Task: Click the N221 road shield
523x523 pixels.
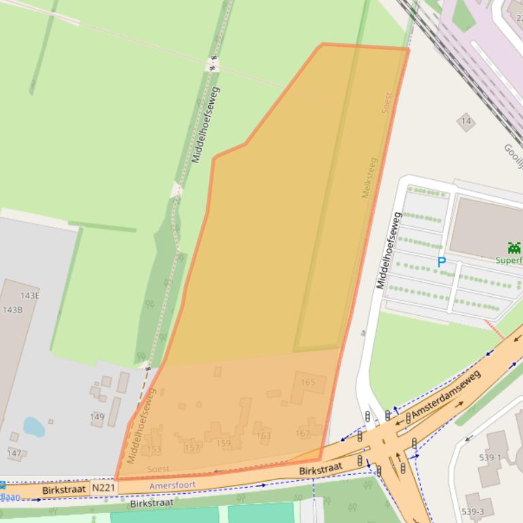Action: pyautogui.click(x=103, y=487)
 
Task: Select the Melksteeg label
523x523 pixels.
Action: pyautogui.click(x=369, y=177)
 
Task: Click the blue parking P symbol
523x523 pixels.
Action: pyautogui.click(x=441, y=261)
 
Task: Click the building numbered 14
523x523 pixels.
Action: pyautogui.click(x=466, y=122)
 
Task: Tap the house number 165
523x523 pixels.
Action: pyautogui.click(x=307, y=382)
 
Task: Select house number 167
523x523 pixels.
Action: pyautogui.click(x=303, y=433)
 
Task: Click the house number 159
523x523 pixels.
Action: pyautogui.click(x=223, y=444)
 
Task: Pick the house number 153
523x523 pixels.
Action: pyautogui.click(x=154, y=449)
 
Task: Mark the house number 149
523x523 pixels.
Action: pyautogui.click(x=97, y=416)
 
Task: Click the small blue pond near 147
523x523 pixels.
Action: pyautogui.click(x=33, y=427)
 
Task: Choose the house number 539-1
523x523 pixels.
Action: pyautogui.click(x=490, y=457)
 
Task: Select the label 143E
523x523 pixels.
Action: pyautogui.click(x=30, y=295)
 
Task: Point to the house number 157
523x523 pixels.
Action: pyautogui.click(x=192, y=448)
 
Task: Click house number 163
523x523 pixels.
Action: pyautogui.click(x=263, y=436)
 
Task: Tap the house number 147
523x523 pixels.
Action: pyautogui.click(x=14, y=453)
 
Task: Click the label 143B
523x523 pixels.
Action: pyautogui.click(x=12, y=310)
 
